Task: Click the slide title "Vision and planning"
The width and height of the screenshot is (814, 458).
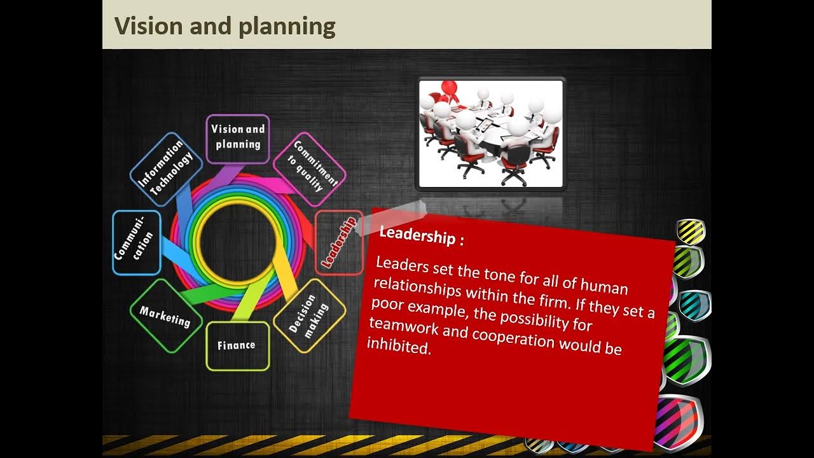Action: [x=224, y=27]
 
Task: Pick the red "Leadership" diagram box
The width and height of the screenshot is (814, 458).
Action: [x=339, y=242]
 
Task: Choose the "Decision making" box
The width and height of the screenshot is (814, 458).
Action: [x=309, y=316]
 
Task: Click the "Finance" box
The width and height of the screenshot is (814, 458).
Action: [x=237, y=345]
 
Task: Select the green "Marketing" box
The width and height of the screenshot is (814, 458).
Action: [x=165, y=316]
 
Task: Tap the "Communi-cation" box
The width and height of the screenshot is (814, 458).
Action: [x=136, y=242]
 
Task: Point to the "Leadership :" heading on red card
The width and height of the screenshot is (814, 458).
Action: [x=421, y=235]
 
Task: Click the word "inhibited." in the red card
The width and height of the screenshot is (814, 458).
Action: [x=399, y=346]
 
